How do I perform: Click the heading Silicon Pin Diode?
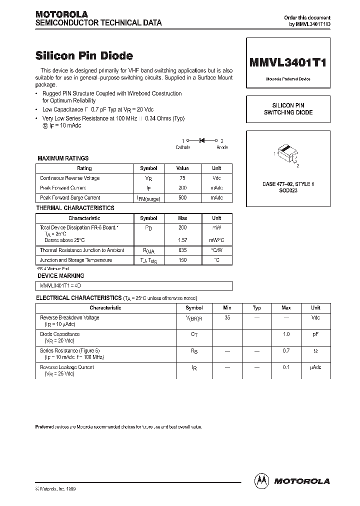coord(84,56)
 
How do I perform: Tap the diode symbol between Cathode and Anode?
coord(202,141)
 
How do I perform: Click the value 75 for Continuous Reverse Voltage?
coord(182,178)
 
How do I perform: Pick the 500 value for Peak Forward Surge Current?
coord(182,198)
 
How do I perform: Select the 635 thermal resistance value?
coord(182,250)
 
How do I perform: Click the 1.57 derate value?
coord(182,240)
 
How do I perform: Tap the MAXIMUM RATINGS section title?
coord(63,158)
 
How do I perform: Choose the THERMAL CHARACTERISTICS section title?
coord(75,208)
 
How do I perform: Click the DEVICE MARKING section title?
coord(61,275)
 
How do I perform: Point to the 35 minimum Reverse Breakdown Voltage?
coord(227,318)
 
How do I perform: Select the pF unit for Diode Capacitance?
coord(315,334)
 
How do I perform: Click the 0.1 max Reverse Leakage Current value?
coord(286,367)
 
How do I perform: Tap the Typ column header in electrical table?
coord(256,308)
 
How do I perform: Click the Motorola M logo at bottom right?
coord(261,480)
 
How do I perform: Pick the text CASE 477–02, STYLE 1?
coord(288,184)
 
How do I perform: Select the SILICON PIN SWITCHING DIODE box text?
coord(288,109)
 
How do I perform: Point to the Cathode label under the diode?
coord(182,147)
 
